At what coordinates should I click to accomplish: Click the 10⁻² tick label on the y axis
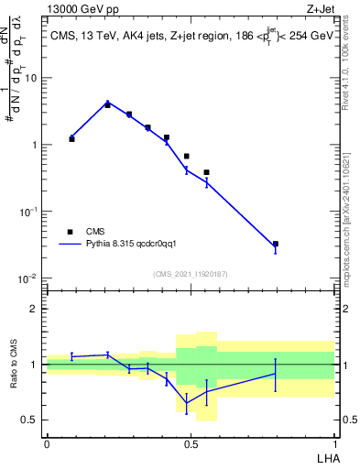[x=28, y=278]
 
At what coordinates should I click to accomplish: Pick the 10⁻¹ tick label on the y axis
[x=28, y=212]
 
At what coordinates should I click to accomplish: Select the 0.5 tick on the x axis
[x=191, y=444]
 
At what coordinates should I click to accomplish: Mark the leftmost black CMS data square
[x=71, y=139]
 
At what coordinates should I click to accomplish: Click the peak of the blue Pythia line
[x=107, y=103]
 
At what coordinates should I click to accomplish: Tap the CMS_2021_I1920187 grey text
[x=191, y=273]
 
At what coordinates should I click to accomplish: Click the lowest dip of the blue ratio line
[x=187, y=403]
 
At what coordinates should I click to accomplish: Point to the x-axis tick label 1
[x=334, y=444]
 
